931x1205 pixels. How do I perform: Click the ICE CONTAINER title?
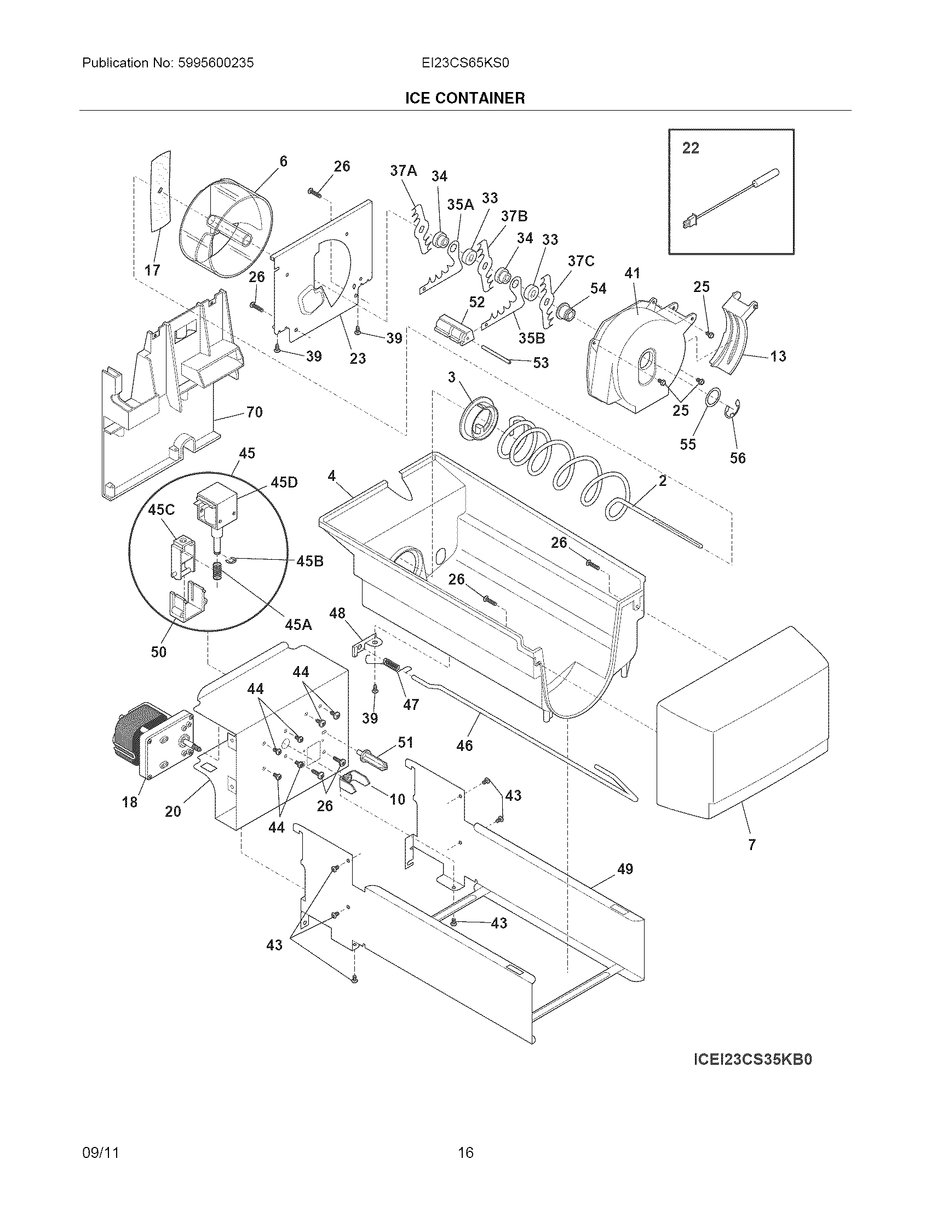(465, 98)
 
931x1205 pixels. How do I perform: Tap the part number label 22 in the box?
(691, 148)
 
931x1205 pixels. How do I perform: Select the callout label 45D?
(284, 482)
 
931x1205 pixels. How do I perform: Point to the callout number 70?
(254, 412)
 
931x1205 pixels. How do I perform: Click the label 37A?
(404, 171)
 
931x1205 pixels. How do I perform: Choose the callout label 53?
(541, 363)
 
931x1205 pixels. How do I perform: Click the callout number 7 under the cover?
(752, 845)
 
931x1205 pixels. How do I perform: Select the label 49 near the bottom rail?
(625, 869)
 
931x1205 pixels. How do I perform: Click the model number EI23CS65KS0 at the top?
(465, 63)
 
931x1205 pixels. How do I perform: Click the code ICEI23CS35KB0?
(752, 1060)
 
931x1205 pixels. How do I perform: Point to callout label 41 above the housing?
(633, 273)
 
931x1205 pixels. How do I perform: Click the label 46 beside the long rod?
(465, 745)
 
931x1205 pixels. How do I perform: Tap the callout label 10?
(398, 799)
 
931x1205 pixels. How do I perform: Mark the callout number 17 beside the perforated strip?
(152, 270)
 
